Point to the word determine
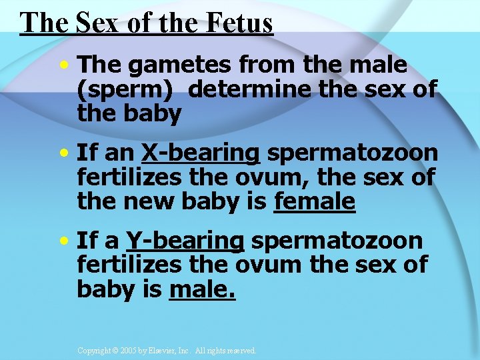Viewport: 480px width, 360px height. click(x=253, y=89)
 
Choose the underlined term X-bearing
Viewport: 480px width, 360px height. click(x=200, y=153)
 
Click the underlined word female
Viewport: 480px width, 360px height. click(x=315, y=201)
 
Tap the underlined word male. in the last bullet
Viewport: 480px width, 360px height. click(x=203, y=289)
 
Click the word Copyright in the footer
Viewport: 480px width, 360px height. click(x=94, y=350)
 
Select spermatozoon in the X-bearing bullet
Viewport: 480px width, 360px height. click(x=353, y=153)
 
